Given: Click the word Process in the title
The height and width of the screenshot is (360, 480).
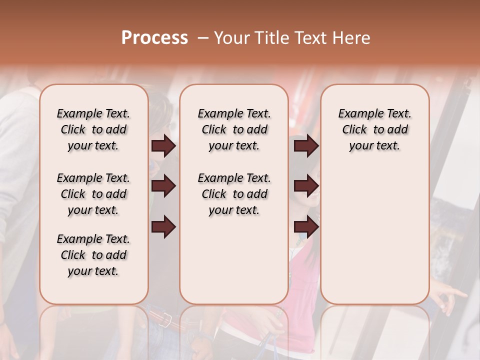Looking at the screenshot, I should pos(154,38).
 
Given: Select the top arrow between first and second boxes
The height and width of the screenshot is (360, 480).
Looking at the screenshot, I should pos(163,146).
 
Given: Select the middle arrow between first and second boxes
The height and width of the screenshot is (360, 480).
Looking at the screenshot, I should pos(163,186).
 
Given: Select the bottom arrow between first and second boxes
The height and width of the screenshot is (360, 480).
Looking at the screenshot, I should pos(163,227).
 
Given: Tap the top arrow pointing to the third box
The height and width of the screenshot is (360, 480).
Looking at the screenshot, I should pos(306,146).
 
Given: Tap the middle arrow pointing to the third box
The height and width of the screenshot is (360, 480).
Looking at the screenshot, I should pos(306,186).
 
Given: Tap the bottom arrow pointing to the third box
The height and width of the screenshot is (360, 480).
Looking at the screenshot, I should pos(306,227).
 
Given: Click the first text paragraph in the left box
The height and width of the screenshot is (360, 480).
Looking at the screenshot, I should pos(93,129).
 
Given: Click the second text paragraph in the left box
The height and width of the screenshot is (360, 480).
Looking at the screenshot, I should pos(93,194).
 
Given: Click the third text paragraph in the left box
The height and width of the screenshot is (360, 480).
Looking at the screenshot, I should pos(93,255).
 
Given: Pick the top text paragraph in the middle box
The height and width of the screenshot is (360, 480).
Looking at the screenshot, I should pos(234,129).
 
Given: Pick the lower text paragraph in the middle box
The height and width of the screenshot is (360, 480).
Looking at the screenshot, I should pos(234,194).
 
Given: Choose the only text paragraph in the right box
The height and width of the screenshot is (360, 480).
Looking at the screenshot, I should pos(374,129).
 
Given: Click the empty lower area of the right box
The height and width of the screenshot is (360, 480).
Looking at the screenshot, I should pos(374,235).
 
